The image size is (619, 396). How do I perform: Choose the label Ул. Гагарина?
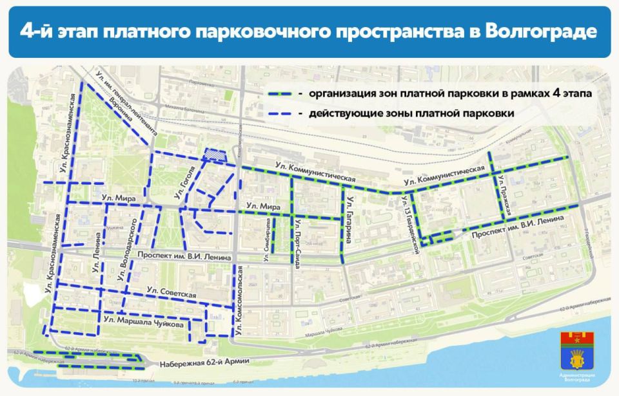[x=349, y=219]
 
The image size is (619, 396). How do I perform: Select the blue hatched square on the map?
[x=215, y=155]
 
